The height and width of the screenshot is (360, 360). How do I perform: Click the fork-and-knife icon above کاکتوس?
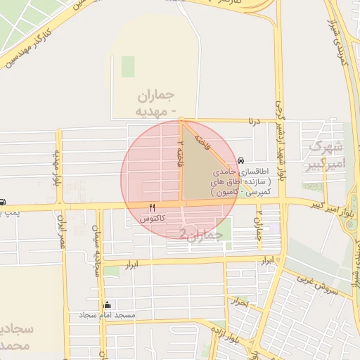click(x=152, y=208)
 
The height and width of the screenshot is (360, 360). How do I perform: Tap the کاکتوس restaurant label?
click(x=153, y=219)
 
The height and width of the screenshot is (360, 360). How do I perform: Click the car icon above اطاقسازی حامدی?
click(x=242, y=161)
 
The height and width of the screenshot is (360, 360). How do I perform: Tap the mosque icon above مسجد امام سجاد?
click(x=107, y=305)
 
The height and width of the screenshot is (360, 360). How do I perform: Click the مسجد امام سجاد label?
click(x=107, y=315)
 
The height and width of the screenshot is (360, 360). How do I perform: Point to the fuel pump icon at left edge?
click(x=2, y=202)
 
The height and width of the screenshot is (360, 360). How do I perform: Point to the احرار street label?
click(x=240, y=303)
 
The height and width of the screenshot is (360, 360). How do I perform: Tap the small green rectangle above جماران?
click(x=127, y=66)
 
